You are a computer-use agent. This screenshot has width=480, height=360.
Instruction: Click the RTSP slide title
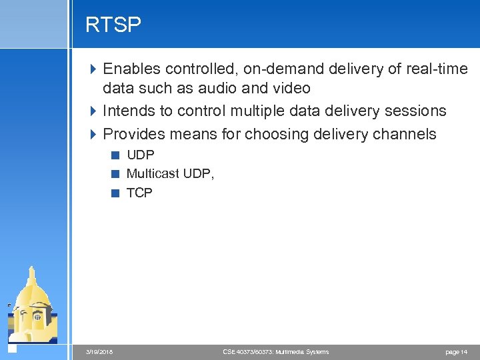(x=113, y=25)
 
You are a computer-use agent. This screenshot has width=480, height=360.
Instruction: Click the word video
(x=291, y=88)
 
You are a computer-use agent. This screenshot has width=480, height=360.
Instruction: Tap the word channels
(x=403, y=134)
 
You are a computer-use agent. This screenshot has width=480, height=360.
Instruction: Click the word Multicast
(x=153, y=173)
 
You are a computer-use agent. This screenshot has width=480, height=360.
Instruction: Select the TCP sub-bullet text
(x=139, y=193)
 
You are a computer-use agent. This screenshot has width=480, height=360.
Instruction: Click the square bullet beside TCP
(x=115, y=193)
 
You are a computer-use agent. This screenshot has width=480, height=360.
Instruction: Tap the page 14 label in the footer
(x=456, y=351)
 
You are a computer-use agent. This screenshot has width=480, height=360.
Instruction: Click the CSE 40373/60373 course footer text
(x=275, y=351)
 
